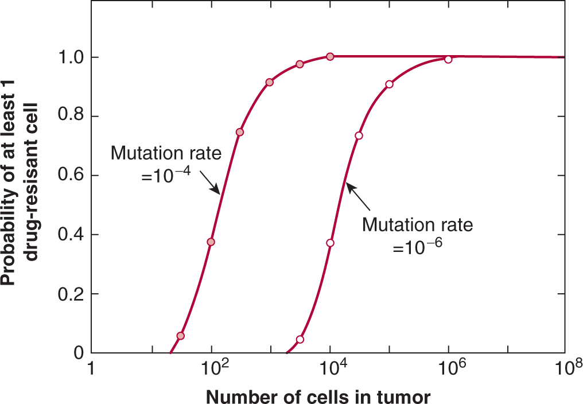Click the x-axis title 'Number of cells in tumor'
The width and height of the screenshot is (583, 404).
[318, 396]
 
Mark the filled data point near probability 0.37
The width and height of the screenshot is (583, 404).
[211, 242]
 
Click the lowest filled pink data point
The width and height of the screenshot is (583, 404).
[181, 336]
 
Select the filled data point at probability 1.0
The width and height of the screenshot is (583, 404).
[330, 56]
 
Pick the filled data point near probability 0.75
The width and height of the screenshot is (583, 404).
[240, 132]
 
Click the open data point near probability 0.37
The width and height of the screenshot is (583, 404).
[330, 243]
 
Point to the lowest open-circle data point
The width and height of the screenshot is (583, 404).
[300, 339]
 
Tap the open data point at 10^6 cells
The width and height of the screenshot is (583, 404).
[448, 59]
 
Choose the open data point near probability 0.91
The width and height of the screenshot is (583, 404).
[389, 84]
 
